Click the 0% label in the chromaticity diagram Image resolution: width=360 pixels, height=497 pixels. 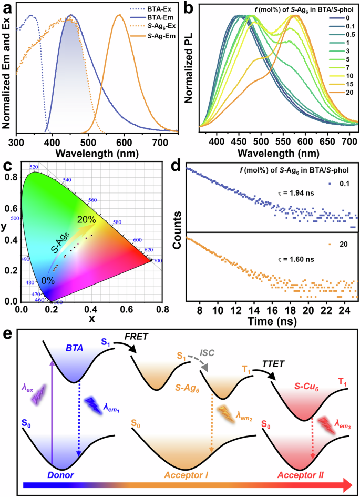pyautogui.click(x=49, y=280)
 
